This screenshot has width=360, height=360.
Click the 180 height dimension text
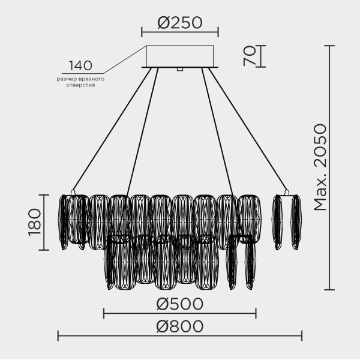point(34,222)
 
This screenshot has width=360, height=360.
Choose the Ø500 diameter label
point(179,304)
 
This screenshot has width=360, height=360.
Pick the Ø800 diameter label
point(179,326)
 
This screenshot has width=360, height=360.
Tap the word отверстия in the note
point(80,86)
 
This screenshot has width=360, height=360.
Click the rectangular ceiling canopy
point(180,56)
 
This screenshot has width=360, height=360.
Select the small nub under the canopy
point(179,70)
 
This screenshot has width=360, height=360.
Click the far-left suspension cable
point(111,129)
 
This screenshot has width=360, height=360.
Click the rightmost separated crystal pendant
point(296,222)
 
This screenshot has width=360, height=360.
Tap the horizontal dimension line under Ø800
point(179,335)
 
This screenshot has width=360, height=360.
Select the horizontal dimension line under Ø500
point(179,313)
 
